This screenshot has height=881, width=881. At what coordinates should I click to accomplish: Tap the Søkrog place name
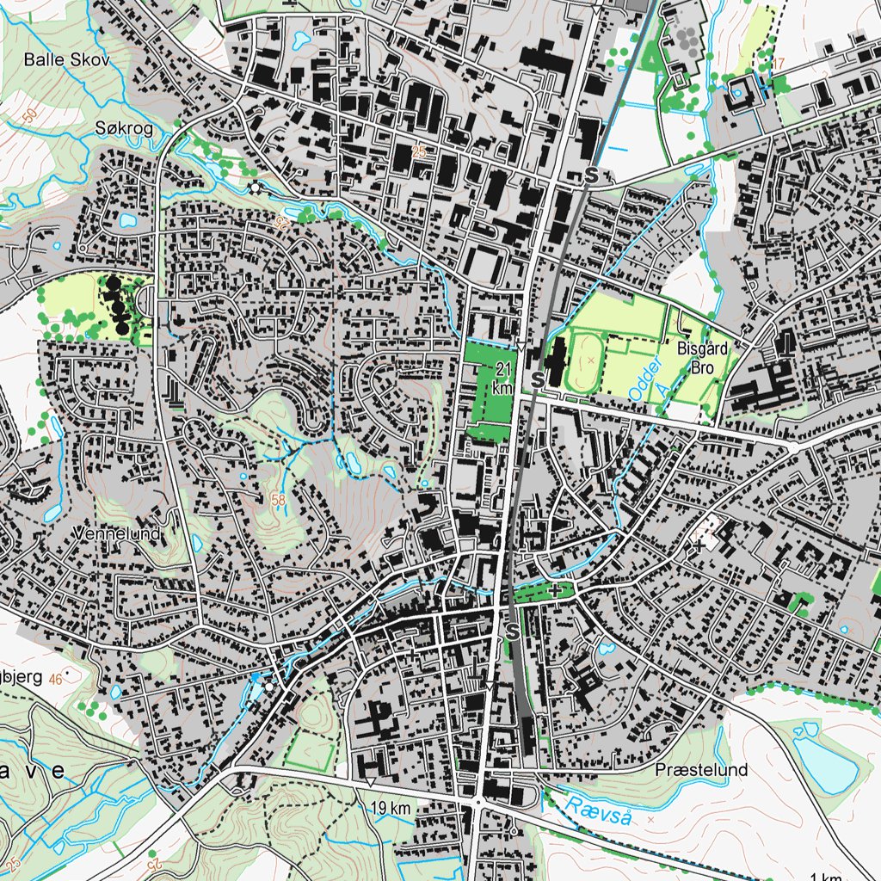pos(124,128)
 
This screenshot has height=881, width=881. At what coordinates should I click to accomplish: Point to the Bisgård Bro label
pos(702,358)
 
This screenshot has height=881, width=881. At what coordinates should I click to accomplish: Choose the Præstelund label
pos(700,769)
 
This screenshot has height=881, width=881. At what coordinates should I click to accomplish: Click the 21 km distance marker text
pos(503,378)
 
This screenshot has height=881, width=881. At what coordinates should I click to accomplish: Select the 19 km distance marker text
pos(391,808)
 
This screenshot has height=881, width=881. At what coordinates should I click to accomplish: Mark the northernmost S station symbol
pos(590,176)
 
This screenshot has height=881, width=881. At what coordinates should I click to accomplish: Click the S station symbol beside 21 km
pos(537,379)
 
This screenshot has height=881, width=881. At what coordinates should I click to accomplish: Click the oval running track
pos(591,354)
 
